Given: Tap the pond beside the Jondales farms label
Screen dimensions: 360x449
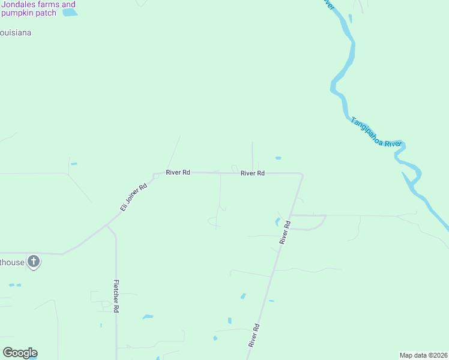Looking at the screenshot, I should [70, 12].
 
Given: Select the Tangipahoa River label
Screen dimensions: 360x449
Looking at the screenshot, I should [376, 132].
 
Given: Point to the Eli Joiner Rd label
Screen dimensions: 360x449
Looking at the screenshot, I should [133, 197].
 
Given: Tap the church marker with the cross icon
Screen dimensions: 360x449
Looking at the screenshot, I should [34, 262].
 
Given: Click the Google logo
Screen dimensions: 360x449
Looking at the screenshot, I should [20, 353].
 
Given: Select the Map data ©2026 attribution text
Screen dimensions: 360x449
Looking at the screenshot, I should [423, 355].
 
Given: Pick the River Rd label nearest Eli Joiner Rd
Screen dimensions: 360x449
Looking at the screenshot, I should [178, 172].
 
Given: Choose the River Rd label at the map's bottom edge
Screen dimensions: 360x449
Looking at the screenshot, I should [255, 336].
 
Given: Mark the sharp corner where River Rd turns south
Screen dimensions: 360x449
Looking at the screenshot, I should [301, 175].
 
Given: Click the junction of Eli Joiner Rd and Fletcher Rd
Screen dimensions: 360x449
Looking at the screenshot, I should [108, 226].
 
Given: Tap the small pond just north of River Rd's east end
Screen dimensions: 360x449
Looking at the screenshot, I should [278, 158].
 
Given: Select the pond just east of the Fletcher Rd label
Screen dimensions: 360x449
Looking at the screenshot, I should [147, 316].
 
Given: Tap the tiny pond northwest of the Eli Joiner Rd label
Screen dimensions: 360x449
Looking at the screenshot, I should [74, 163].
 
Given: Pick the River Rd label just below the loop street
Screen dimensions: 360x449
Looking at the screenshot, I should [285, 232].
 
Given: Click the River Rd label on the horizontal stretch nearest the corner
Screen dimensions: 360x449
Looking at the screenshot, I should [252, 173].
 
